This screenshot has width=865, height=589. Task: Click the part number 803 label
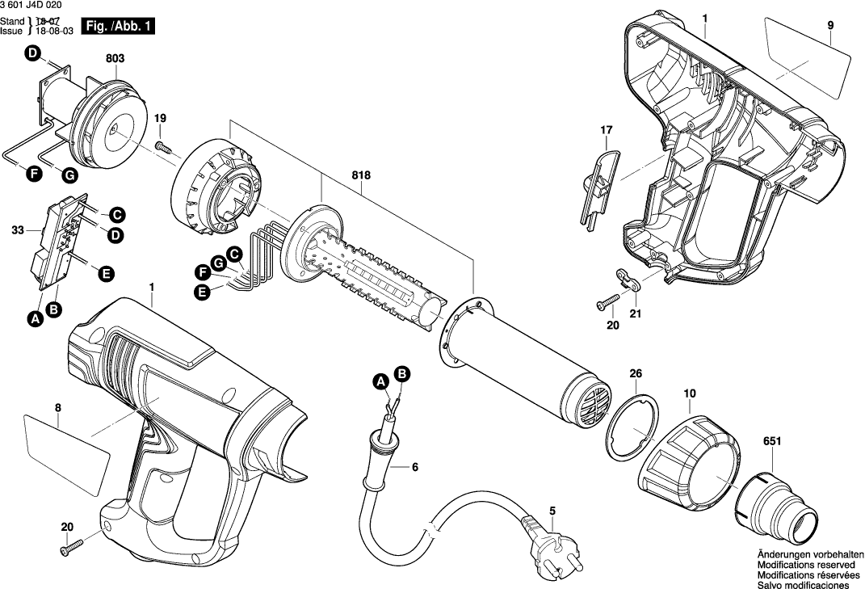point(115,57)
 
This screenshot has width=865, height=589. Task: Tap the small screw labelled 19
point(165,146)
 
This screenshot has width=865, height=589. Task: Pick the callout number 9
point(829,26)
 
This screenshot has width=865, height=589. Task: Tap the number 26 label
point(636,373)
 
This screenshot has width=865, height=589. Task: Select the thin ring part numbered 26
point(630,427)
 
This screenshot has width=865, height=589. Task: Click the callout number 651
point(771,441)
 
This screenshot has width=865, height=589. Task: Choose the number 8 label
point(58,409)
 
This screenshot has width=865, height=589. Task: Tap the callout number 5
point(552,511)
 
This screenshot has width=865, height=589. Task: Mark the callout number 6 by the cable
point(415,467)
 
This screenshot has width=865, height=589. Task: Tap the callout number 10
point(689,393)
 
